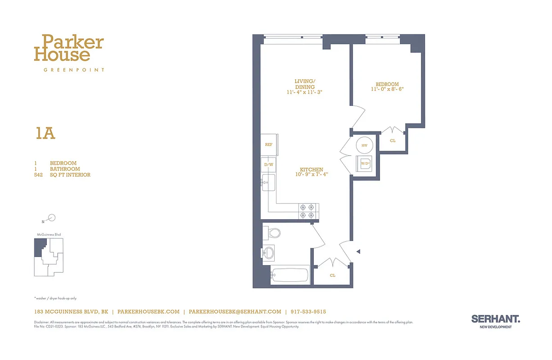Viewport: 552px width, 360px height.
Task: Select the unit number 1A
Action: (45, 133)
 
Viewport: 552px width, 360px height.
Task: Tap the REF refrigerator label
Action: (269, 144)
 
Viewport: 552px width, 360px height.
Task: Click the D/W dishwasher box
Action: (269, 165)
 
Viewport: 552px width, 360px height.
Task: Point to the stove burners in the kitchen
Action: (309, 211)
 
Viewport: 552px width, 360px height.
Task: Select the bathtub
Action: (290, 275)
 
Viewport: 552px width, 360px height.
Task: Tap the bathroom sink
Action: (269, 253)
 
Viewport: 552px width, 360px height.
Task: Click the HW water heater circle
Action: (364, 145)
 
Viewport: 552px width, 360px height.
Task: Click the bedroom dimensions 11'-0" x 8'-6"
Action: (387, 90)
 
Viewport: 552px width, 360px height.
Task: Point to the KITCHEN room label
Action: (312, 170)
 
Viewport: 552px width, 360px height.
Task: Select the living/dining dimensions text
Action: (305, 92)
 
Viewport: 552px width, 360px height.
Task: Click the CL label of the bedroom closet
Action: (393, 140)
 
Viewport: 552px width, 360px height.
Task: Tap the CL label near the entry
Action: (332, 275)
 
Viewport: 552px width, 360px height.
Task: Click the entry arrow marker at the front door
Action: (358, 252)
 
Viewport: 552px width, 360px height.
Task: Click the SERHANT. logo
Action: (495, 319)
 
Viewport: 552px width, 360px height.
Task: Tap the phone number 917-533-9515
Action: (308, 311)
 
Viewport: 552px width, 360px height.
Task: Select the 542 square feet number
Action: (38, 175)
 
